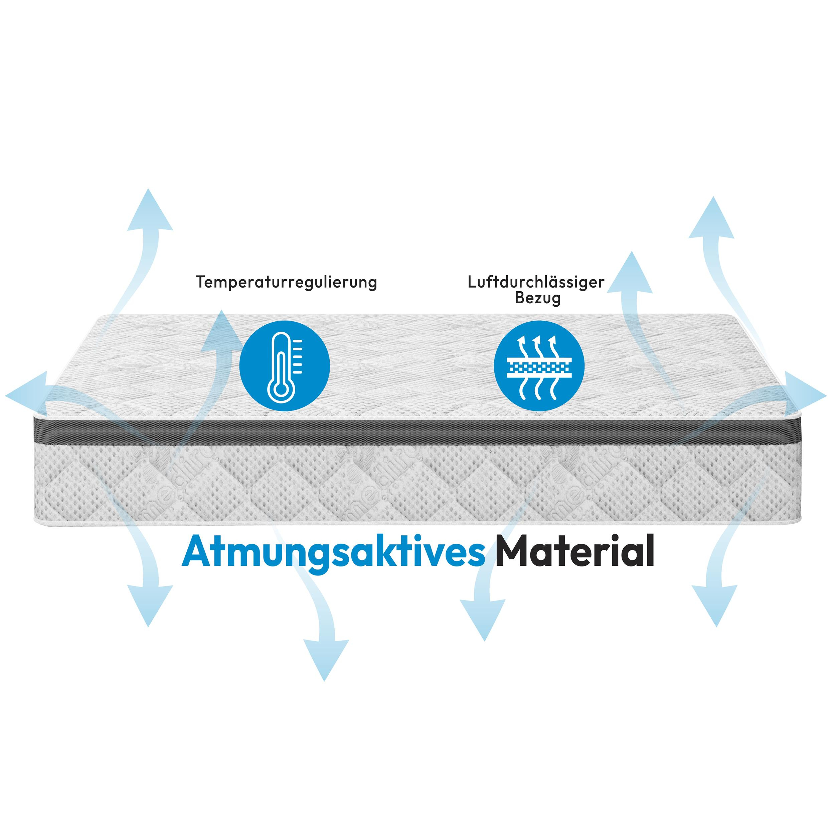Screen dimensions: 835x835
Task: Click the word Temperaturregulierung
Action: (286, 282)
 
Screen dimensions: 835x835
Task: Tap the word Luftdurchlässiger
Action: (536, 282)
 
